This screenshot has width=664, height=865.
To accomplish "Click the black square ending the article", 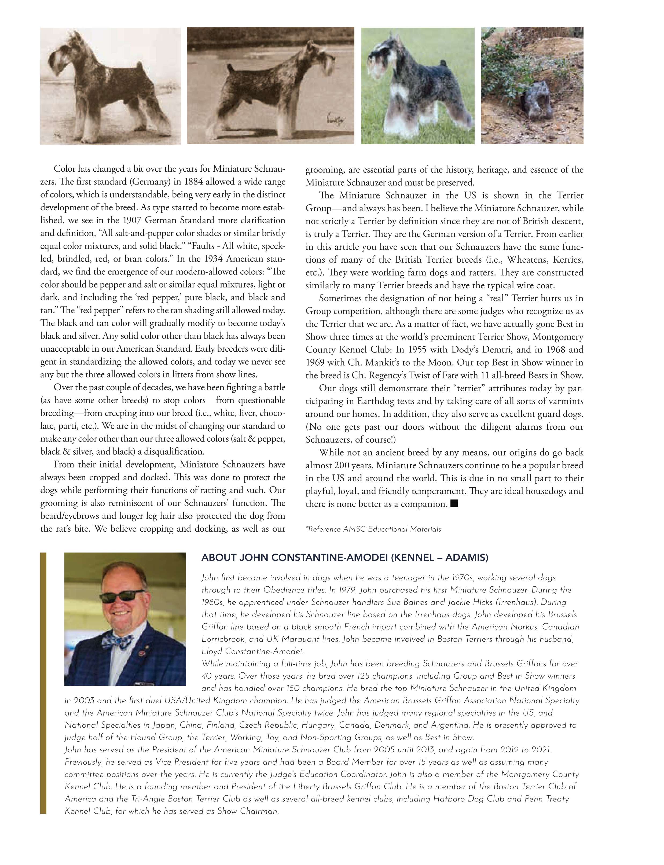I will pyautogui.click(x=454, y=503).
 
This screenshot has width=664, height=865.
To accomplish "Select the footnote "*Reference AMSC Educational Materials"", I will pyautogui.click(x=373, y=529).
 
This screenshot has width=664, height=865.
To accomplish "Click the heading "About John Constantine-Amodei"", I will pyautogui.click(x=345, y=558).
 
